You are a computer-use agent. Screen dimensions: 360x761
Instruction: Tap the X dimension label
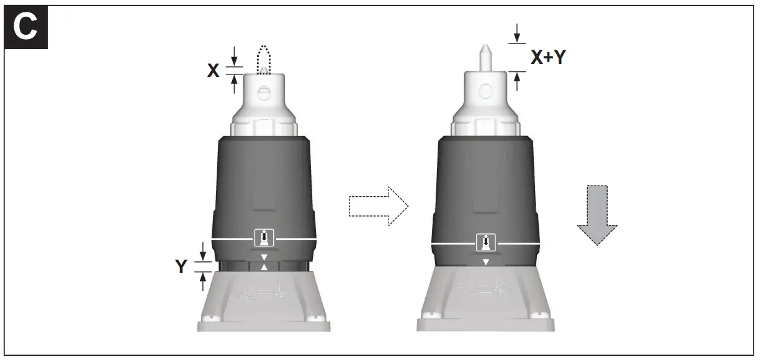[213, 71]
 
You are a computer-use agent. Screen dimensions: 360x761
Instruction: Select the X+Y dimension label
[548, 58]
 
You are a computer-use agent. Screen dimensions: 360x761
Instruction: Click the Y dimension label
[181, 268]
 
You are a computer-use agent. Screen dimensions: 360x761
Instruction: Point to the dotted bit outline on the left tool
[264, 56]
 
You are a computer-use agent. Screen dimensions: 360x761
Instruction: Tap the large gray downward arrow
[597, 214]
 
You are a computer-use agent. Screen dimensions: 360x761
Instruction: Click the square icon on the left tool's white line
[264, 237]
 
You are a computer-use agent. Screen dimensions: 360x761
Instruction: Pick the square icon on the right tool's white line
[486, 243]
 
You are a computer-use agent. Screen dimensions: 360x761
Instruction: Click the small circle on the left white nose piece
[264, 94]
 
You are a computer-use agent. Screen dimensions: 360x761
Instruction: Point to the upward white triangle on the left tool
[264, 267]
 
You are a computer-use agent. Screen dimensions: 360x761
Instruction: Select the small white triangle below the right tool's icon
[486, 262]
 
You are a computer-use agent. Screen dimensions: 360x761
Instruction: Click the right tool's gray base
[485, 298]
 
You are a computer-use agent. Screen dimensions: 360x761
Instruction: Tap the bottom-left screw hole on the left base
[212, 320]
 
